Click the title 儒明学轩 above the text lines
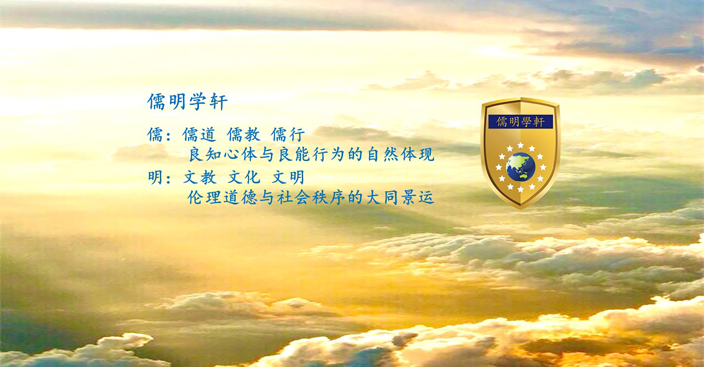point(187,102)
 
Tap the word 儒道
point(199,135)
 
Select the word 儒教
point(244,135)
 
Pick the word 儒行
point(288,135)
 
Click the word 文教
point(200,178)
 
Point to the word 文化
point(244,178)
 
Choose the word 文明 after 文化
point(288,178)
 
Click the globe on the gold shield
point(521,167)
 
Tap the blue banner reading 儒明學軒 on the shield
point(520,121)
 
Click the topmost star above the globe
point(521,145)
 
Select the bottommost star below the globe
point(521,189)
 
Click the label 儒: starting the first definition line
point(159,135)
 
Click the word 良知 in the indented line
point(204,155)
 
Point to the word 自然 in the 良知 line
point(383,155)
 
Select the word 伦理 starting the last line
point(204,198)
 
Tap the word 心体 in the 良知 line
point(240,155)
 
